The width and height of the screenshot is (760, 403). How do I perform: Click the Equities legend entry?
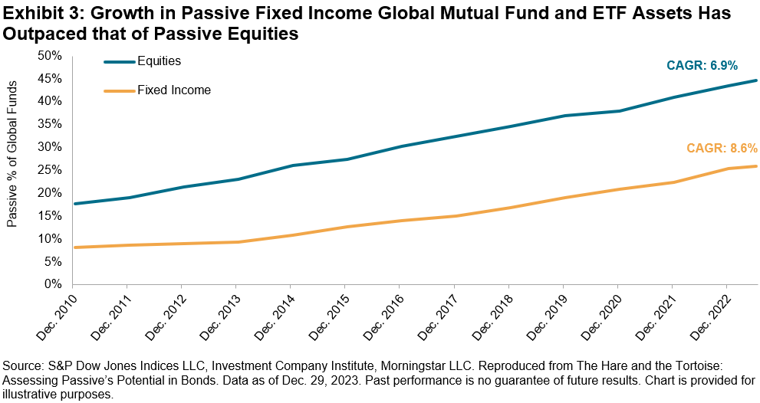[159, 61]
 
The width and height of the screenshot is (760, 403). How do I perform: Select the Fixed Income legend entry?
[174, 90]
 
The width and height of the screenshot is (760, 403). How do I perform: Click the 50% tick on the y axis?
[50, 55]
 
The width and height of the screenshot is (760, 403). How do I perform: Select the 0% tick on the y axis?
[53, 284]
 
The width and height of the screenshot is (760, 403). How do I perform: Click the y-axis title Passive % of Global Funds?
[13, 169]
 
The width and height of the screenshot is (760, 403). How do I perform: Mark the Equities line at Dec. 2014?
[290, 165]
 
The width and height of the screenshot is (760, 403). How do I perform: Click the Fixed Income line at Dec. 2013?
[235, 242]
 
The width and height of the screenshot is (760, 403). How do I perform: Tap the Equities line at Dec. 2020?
[617, 111]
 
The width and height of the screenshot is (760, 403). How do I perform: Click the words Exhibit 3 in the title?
[36, 15]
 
